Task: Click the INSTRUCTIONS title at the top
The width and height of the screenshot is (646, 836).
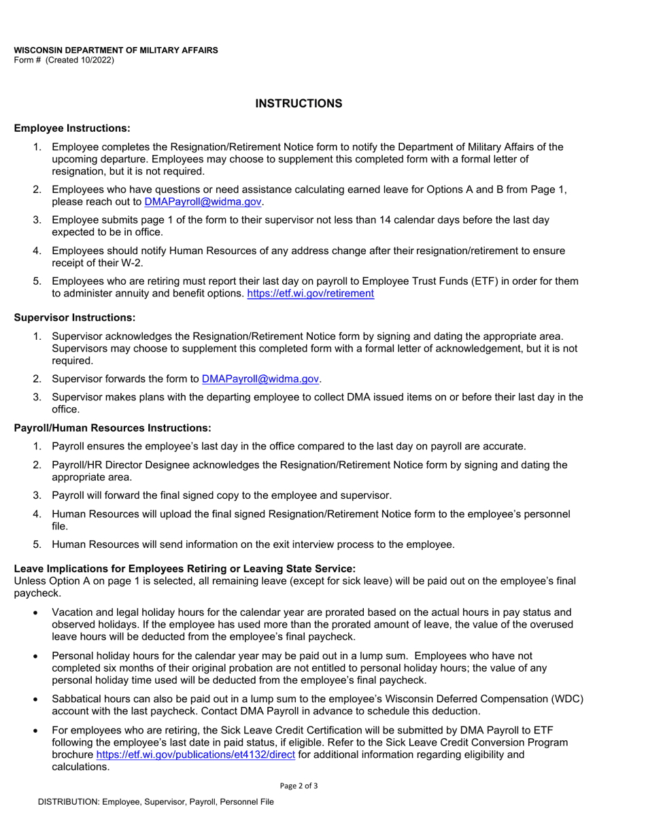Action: (299, 103)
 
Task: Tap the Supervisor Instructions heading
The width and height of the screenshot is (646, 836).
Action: (75, 317)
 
